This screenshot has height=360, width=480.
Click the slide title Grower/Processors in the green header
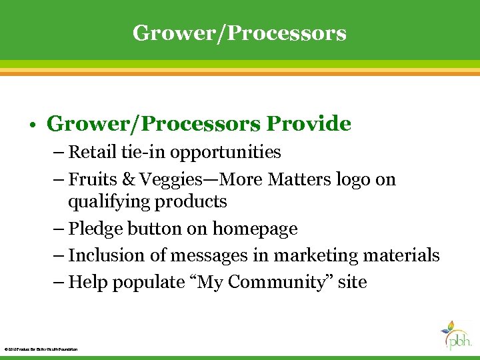tap(239, 33)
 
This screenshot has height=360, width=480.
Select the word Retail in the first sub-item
tap(93, 153)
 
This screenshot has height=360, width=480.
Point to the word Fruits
tap(92, 180)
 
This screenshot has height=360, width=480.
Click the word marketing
tap(301, 256)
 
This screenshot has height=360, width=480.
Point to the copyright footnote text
tap(41, 349)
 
